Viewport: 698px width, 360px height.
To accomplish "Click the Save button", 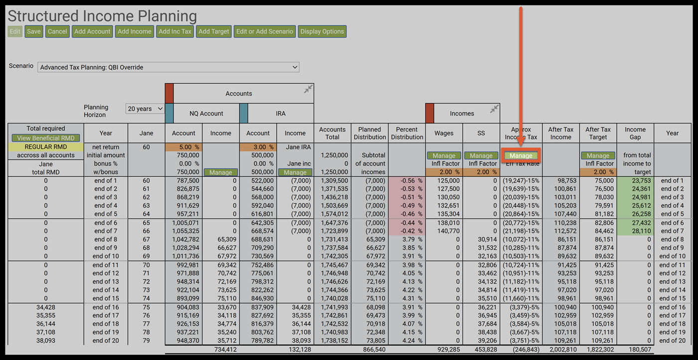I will point(34,31).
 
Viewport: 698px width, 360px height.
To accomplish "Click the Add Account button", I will point(92,31).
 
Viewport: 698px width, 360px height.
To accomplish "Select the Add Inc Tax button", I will point(175,31).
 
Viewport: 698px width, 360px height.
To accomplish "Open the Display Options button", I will point(322,31).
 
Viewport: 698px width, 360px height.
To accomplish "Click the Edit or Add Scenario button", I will point(265,31).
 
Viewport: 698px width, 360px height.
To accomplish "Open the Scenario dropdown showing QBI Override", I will point(169,67).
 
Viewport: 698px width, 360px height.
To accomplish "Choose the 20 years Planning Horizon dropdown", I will point(145,109).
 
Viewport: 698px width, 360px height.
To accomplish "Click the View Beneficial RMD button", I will point(45,138).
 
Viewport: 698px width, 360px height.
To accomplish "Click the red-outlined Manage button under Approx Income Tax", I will point(521,156).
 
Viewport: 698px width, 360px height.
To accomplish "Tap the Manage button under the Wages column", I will point(444,156).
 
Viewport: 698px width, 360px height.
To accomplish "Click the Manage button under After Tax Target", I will point(598,156).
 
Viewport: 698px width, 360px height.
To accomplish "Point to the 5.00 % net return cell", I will point(183,147).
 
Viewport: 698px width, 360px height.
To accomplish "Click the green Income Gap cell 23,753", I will point(635,180).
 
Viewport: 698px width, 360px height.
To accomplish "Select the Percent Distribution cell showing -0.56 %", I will point(407,180).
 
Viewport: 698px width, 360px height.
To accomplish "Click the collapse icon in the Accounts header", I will point(308,89).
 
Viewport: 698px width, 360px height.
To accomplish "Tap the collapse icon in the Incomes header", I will point(494,109).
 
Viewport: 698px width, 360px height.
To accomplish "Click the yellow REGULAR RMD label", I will point(45,147).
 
